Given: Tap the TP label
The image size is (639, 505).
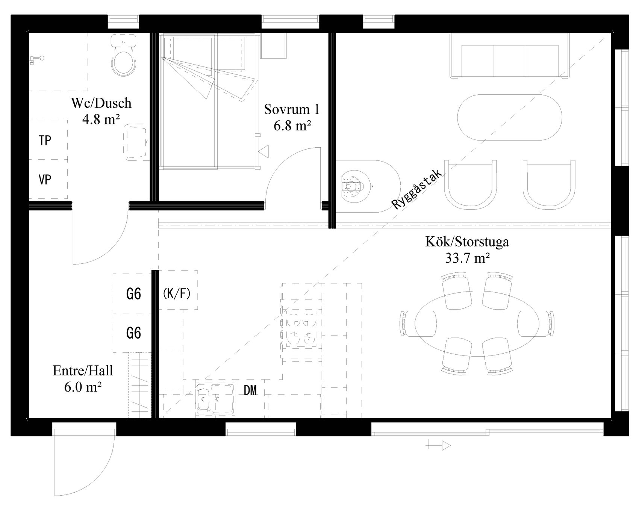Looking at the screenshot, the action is pyautogui.click(x=45, y=141).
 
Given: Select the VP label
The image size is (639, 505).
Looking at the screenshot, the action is pyautogui.click(x=45, y=180).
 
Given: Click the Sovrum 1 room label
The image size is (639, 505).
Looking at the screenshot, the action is pyautogui.click(x=292, y=109).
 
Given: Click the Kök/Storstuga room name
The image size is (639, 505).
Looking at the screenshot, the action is pyautogui.click(x=467, y=241).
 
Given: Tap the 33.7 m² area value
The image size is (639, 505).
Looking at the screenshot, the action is pyautogui.click(x=467, y=258).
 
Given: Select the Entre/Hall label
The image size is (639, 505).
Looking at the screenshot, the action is pyautogui.click(x=83, y=371).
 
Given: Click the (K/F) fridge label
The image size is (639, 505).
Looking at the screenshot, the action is pyautogui.click(x=177, y=293).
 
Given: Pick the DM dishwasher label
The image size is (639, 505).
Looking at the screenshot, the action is pyautogui.click(x=250, y=391).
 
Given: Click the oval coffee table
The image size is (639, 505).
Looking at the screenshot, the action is pyautogui.click(x=510, y=117).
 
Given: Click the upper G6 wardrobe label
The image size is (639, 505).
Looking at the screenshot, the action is pyautogui.click(x=134, y=294).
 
